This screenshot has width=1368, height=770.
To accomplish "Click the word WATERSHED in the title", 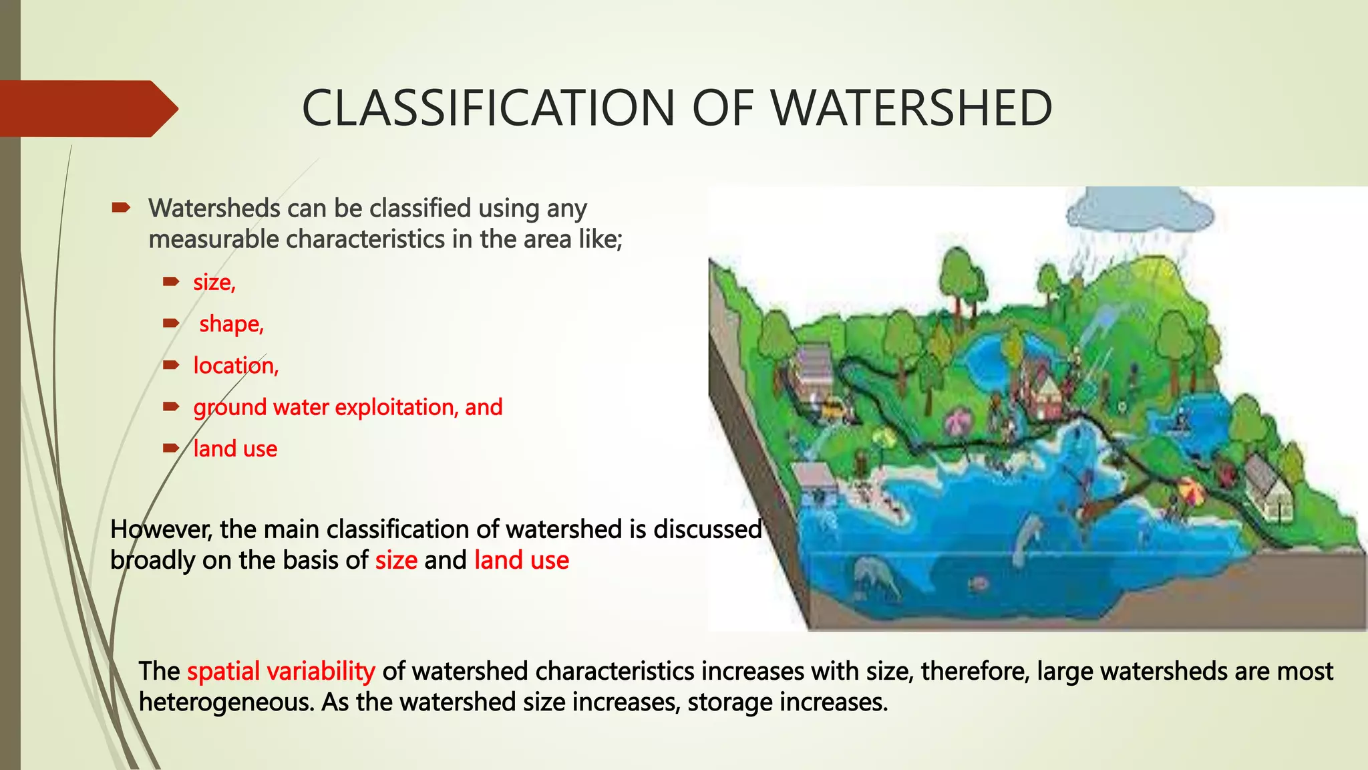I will (911, 108).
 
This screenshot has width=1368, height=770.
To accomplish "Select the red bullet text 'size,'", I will (214, 283).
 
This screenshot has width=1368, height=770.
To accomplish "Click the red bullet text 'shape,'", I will (231, 324).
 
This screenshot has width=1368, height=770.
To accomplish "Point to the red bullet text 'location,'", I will (236, 366).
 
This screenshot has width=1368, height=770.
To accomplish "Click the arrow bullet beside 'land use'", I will (171, 448).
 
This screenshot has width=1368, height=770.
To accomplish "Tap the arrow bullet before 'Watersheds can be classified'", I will (121, 208).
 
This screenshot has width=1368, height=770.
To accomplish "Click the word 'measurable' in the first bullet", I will (213, 239).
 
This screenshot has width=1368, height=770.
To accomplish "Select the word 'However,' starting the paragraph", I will (161, 529).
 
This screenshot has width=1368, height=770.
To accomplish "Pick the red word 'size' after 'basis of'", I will (396, 560).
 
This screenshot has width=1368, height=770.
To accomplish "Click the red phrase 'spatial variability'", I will (281, 671).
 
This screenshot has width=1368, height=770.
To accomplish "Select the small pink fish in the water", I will (979, 584).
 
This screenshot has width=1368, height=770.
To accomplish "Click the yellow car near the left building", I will (831, 406).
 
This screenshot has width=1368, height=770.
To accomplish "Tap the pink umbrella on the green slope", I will (959, 422).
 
